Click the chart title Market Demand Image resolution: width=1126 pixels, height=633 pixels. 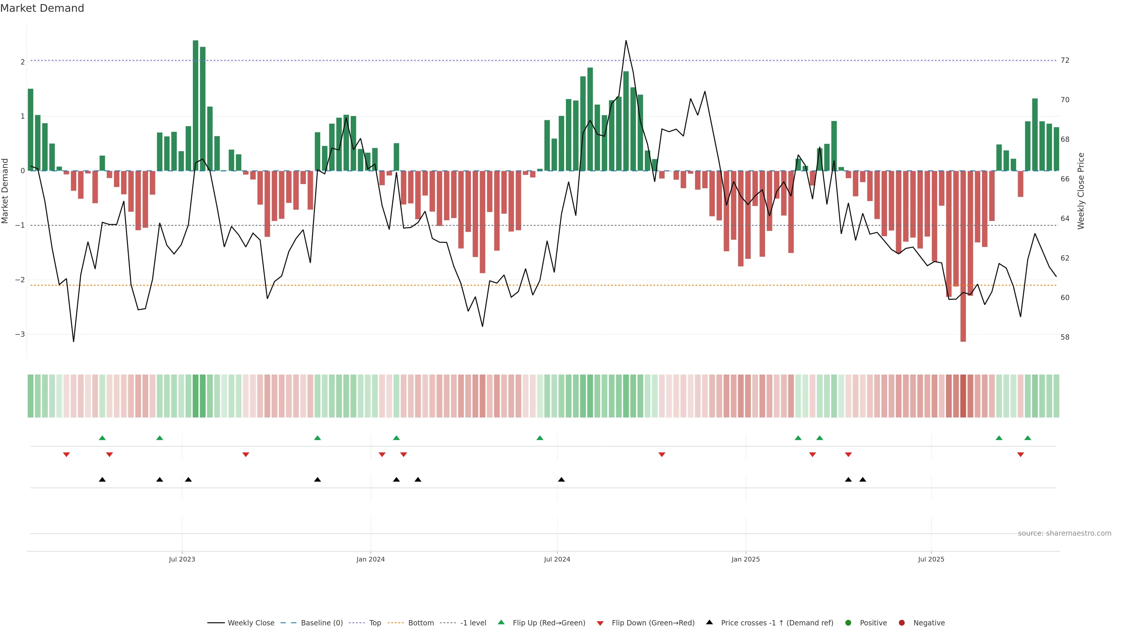[42, 8]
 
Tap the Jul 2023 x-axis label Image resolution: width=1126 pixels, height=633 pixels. [182, 559]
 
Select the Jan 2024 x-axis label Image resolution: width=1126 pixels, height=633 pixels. [370, 559]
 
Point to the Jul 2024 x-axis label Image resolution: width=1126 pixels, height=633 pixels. [557, 559]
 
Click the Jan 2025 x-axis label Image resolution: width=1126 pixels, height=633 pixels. [745, 559]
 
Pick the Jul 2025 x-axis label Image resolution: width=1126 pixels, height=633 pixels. [931, 559]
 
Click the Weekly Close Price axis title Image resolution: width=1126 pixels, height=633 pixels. [1081, 191]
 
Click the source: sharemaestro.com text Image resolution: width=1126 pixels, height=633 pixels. [1064, 533]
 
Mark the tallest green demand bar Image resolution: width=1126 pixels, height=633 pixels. [195, 105]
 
